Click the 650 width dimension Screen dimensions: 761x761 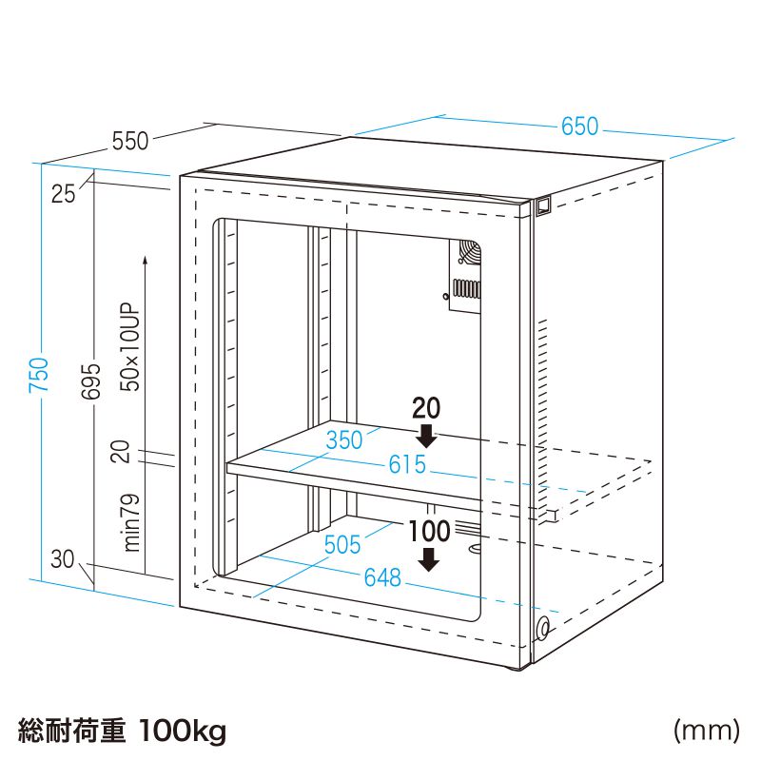click(x=579, y=127)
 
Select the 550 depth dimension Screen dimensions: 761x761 click(x=130, y=141)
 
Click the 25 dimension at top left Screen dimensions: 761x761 click(x=64, y=194)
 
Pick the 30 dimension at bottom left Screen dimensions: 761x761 click(x=63, y=559)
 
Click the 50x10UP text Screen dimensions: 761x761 click(x=130, y=348)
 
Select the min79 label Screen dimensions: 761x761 click(x=131, y=523)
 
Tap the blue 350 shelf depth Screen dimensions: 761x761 click(x=344, y=439)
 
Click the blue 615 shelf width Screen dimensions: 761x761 click(x=407, y=466)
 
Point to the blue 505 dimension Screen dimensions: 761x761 click(x=342, y=544)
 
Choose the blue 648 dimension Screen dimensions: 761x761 click(x=382, y=576)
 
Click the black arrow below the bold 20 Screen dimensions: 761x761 click(x=427, y=435)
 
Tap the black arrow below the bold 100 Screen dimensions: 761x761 click(x=431, y=558)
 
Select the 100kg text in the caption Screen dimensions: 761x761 click(x=182, y=731)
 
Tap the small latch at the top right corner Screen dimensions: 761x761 click(x=542, y=205)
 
